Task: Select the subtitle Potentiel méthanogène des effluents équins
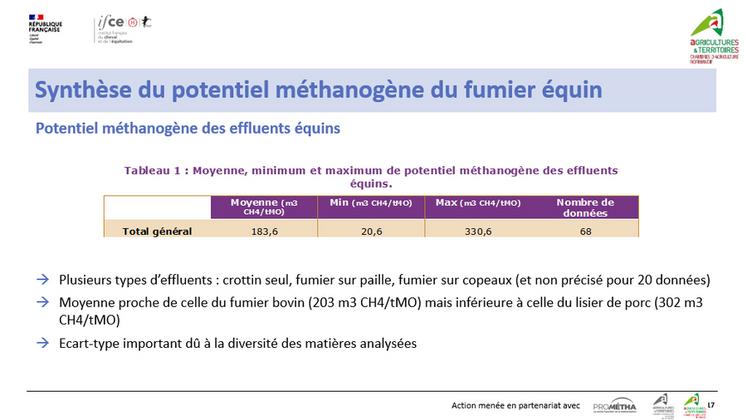188,128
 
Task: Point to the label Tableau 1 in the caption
155,170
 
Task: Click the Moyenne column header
264,206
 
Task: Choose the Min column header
371,203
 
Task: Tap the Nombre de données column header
585,206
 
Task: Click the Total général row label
157,231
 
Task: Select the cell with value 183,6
264,231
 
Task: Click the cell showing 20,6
371,231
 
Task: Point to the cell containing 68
585,231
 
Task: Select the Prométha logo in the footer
614,405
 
